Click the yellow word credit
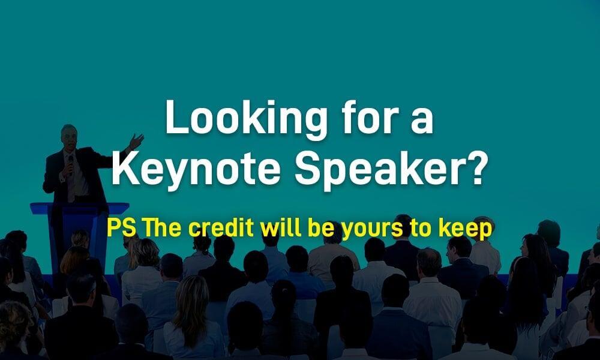tap(221, 228)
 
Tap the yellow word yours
tap(372, 230)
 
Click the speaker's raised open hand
tap(136, 141)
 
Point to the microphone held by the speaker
tap(70, 164)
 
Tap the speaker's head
tap(69, 137)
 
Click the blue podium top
tap(80, 209)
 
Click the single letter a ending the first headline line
tap(422, 120)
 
